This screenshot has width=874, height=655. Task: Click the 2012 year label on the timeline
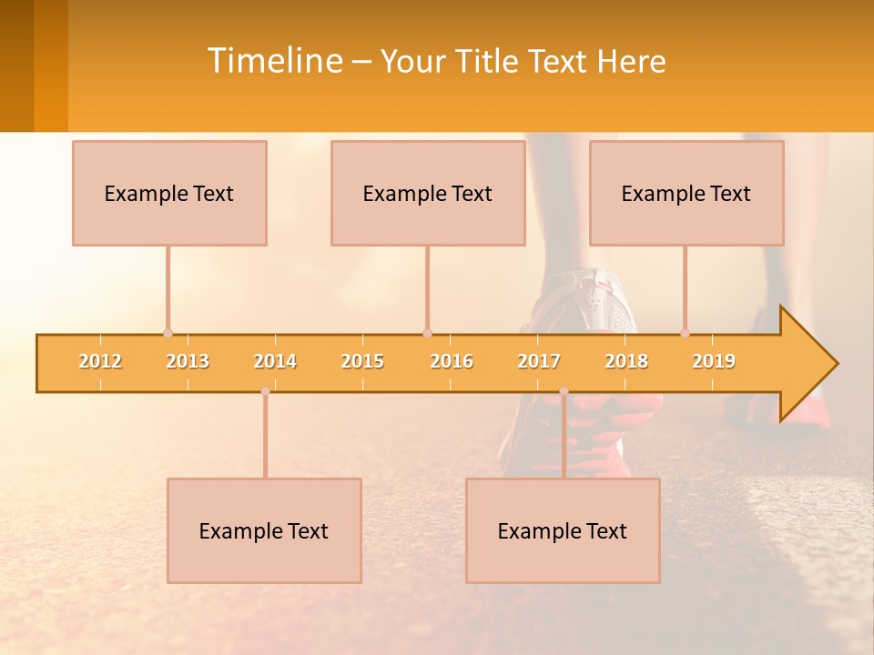point(100,361)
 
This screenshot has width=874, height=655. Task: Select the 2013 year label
point(188,361)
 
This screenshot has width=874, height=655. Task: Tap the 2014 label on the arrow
point(275,361)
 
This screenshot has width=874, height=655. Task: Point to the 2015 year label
point(362,361)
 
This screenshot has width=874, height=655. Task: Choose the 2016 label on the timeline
point(452,361)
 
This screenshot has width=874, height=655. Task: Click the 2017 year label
point(539,361)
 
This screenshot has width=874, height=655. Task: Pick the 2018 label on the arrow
point(626,361)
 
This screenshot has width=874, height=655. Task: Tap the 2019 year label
point(714,361)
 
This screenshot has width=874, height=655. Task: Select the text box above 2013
point(169,193)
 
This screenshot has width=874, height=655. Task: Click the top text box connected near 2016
point(428,193)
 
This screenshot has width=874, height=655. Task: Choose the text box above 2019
point(686,193)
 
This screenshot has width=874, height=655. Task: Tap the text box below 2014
point(264,530)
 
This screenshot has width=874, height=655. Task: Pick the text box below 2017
point(563,530)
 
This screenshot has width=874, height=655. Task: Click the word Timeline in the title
point(273,61)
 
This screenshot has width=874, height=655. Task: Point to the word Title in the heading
point(489,62)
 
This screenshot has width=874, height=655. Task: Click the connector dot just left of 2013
point(168,334)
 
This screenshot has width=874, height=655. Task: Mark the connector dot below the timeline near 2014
point(265,391)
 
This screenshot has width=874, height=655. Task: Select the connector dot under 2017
point(564,391)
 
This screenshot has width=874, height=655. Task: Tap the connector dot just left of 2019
point(686,334)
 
